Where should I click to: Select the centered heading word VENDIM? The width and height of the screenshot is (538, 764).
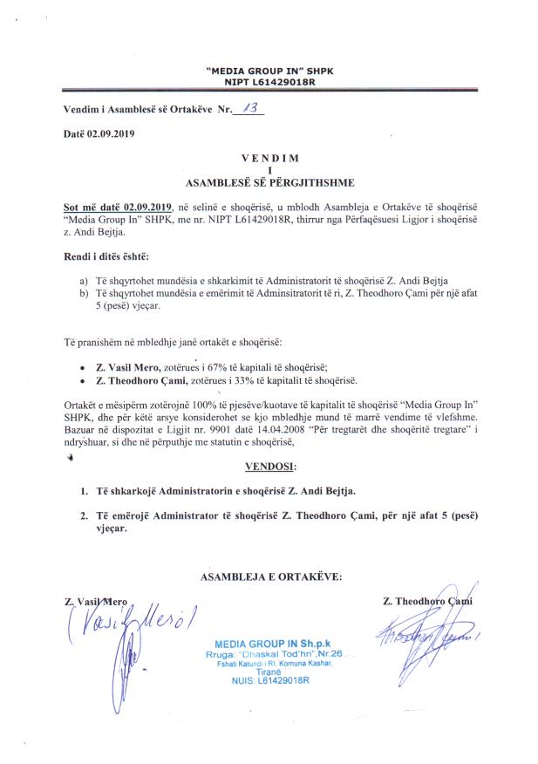coord(269,158)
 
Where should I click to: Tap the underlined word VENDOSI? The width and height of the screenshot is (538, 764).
coord(270,467)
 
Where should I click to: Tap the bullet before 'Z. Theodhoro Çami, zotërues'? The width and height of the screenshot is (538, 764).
coord(82,380)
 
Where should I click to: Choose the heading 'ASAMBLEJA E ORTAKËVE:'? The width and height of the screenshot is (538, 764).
coord(271,576)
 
